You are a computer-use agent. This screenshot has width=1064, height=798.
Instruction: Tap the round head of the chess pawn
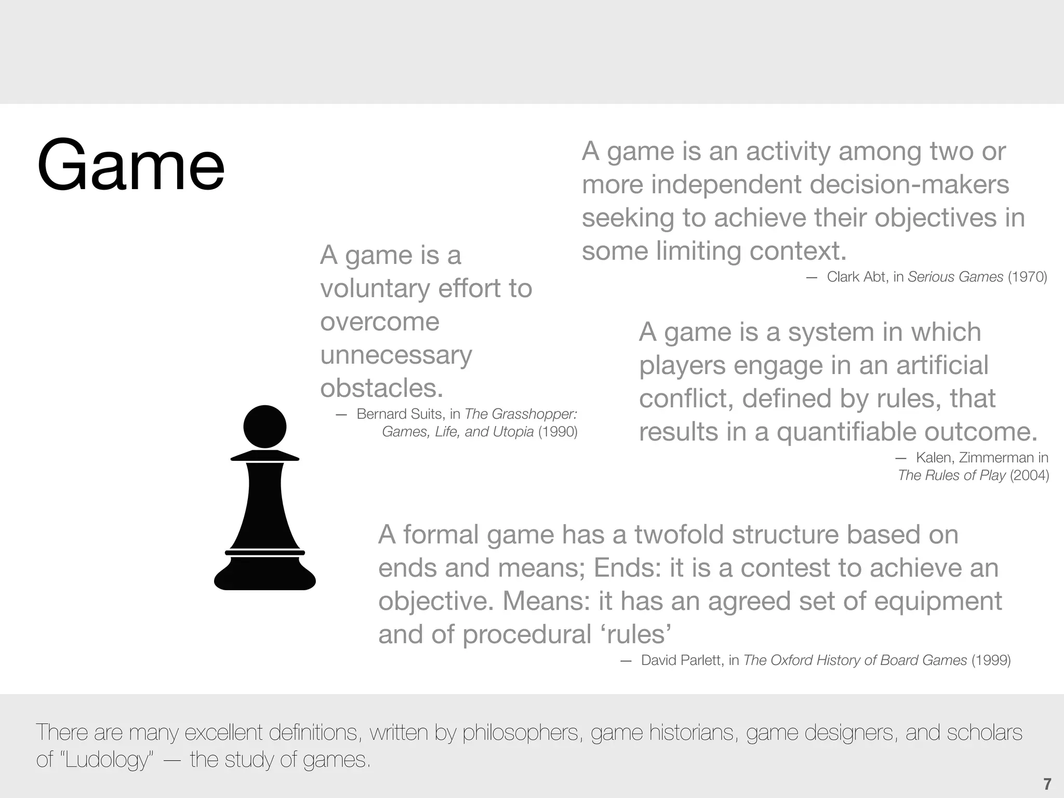[x=264, y=427]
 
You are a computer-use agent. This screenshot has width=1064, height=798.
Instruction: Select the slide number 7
[x=1047, y=783]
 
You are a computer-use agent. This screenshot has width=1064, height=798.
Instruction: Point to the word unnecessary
[x=396, y=355]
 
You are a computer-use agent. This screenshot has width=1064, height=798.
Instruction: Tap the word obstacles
[x=381, y=389]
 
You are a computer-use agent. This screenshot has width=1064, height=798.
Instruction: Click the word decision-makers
[x=909, y=185]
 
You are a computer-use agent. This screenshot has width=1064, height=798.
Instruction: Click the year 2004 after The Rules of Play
[x=1029, y=475]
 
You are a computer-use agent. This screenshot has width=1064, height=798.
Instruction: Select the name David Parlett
[x=682, y=660]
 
